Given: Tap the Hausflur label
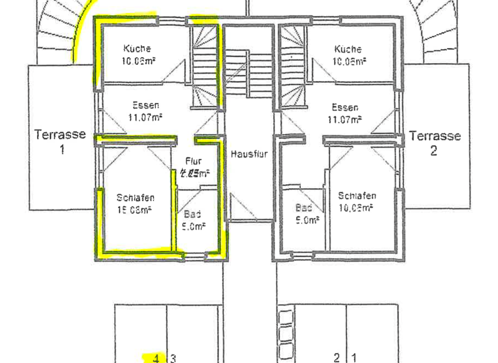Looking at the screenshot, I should tap(249, 154).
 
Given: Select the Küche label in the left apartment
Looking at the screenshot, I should tap(137, 49).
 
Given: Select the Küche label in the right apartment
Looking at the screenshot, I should tap(348, 49).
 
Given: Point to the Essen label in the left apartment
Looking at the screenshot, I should tap(146, 105).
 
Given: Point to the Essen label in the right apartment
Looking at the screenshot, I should tap(345, 108).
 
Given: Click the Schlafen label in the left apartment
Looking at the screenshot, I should tap(136, 198).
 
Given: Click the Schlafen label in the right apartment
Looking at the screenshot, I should tap(357, 196).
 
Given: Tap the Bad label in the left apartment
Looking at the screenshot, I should tap(192, 213).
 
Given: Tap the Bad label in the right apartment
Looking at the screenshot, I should tap(303, 208).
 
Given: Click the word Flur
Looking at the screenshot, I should tap(194, 161).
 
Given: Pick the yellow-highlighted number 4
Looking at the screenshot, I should tap(156, 357).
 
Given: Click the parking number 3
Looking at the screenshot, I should tap(173, 357).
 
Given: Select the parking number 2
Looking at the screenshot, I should tap(337, 357).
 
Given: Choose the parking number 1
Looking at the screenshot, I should tap(354, 357).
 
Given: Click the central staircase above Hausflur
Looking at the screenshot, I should tap(249, 75).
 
